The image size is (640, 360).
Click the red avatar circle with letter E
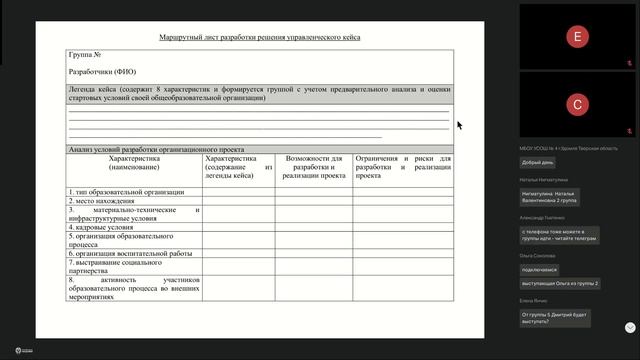(x=576, y=36)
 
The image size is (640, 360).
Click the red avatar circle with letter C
(x=576, y=104)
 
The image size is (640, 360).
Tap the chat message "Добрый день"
(x=538, y=162)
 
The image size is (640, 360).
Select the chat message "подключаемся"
(x=540, y=269)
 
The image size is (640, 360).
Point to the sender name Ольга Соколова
(x=538, y=256)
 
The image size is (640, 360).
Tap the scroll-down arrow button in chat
(x=630, y=327)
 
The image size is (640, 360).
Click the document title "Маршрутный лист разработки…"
(x=259, y=37)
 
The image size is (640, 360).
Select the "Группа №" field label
(x=85, y=54)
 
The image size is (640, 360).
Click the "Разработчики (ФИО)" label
(x=101, y=72)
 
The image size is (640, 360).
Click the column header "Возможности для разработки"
(x=314, y=165)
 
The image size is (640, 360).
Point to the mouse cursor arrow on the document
(x=459, y=125)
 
